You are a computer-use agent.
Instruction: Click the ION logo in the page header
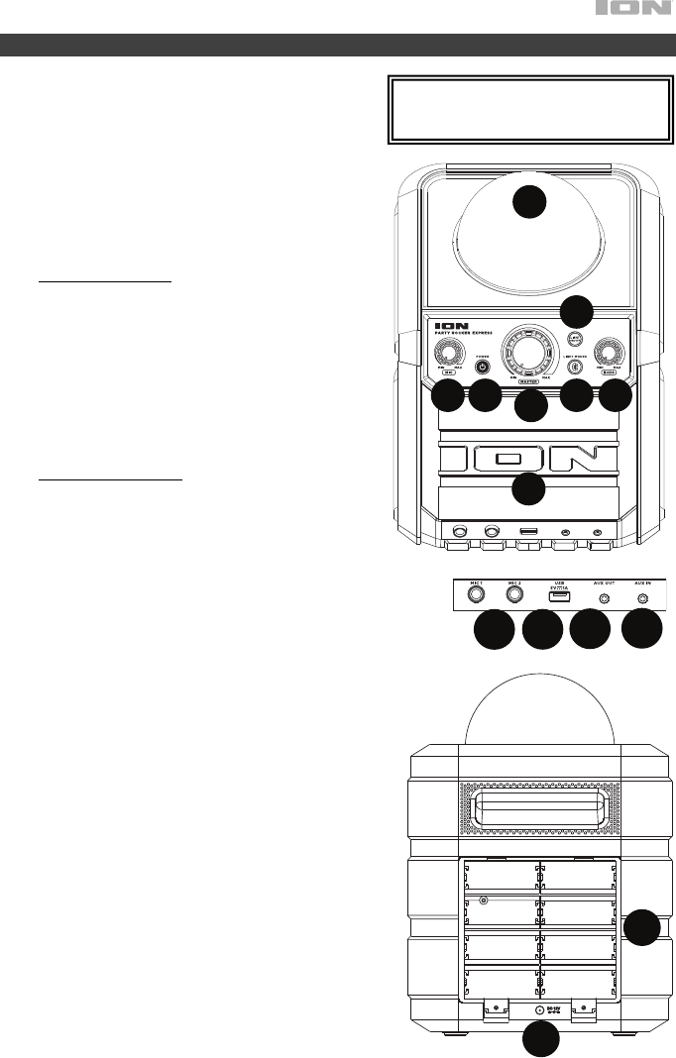tap(633, 11)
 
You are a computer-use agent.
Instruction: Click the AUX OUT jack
tap(603, 597)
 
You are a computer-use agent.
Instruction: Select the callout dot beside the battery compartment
tap(643, 925)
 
